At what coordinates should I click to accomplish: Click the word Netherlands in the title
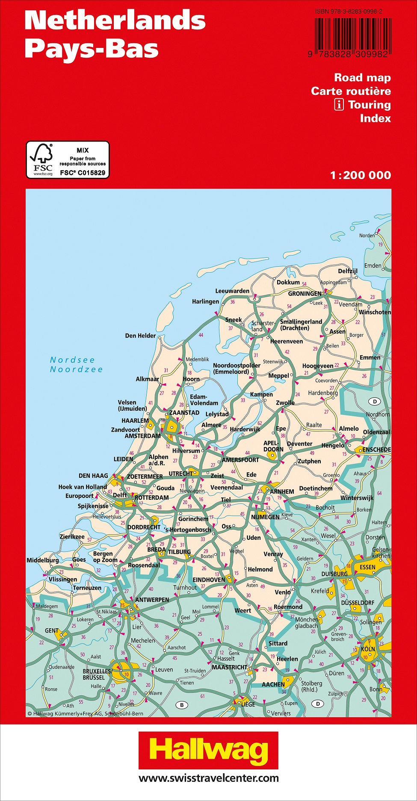pos(115,20)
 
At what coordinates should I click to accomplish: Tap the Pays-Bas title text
pos(92,49)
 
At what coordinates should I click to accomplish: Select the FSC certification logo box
pos(68,160)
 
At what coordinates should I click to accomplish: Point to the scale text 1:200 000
pos(361,175)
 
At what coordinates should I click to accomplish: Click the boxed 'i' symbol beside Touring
pos(339,105)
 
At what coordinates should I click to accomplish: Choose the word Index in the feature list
pos(375,118)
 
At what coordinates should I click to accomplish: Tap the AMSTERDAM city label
pos(142,436)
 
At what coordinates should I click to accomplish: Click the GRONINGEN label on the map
pos(305,294)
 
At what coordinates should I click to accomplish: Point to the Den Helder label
pos(140,336)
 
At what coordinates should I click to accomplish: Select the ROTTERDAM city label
pos(151,498)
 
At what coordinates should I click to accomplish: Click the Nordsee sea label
pos(72,360)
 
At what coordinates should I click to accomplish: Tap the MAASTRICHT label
pos(229,667)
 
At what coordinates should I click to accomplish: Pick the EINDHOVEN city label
pos(209,580)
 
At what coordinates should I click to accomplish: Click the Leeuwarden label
pos(232,291)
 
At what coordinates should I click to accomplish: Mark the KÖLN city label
pos(368,649)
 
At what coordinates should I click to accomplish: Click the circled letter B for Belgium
pos(182,705)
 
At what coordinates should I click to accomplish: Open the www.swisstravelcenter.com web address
pos(208,778)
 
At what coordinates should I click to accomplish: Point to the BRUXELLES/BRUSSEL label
pos(97,674)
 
